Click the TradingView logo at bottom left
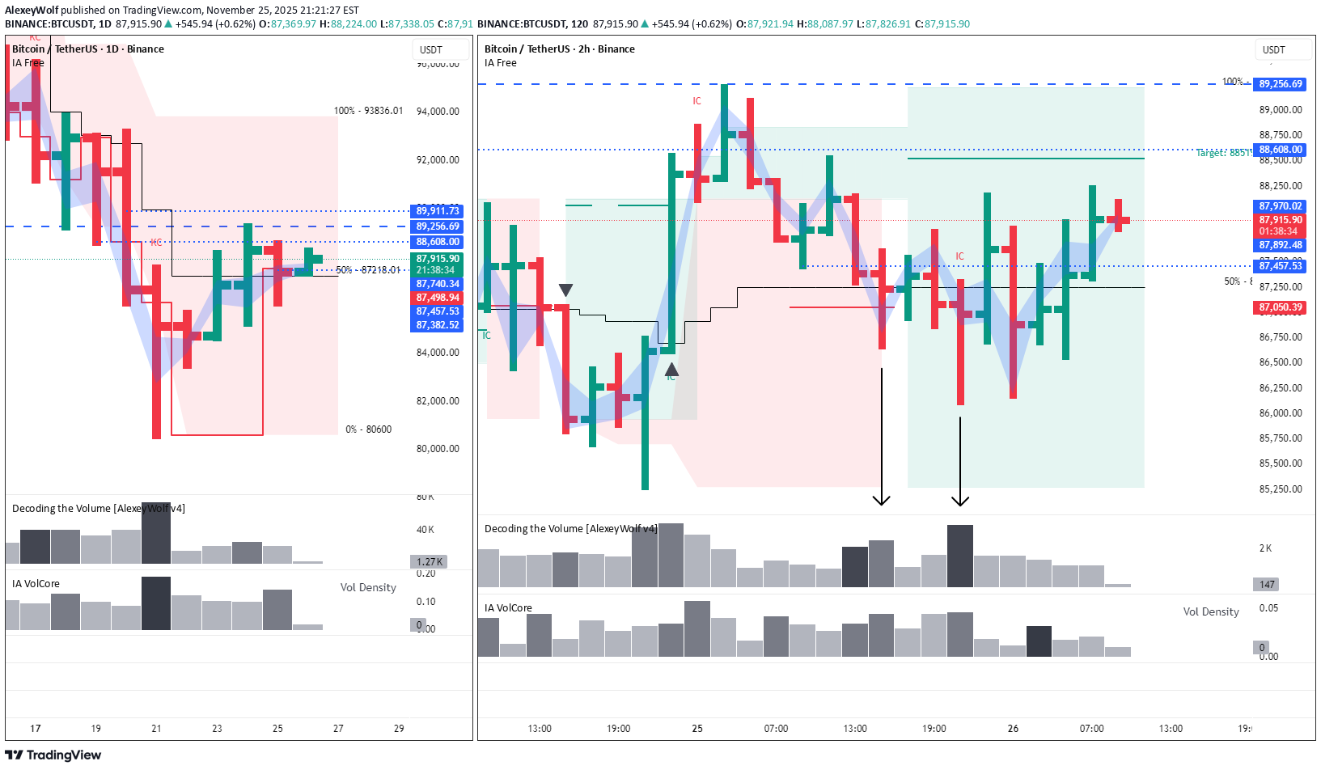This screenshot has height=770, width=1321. tap(53, 755)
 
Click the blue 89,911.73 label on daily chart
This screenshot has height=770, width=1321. tap(437, 211)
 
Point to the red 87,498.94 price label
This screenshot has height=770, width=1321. tap(437, 298)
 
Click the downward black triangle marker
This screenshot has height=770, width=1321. tap(566, 290)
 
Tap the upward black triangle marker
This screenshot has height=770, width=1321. tap(671, 370)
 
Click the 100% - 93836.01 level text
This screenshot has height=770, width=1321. tap(368, 111)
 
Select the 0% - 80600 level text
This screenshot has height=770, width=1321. tap(368, 429)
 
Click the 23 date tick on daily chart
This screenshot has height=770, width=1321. tap(217, 729)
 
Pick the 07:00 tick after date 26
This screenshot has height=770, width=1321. tap(1091, 729)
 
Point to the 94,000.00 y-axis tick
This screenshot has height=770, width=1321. tap(438, 112)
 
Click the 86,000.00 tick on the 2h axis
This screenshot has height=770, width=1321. tap(1281, 413)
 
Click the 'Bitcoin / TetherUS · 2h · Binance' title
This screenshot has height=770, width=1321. tap(560, 49)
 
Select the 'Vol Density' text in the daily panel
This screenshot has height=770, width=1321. tap(368, 588)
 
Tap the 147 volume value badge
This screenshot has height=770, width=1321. tap(1267, 584)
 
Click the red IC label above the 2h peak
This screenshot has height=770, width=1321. tap(697, 101)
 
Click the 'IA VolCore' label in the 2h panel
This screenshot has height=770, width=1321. tap(508, 608)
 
